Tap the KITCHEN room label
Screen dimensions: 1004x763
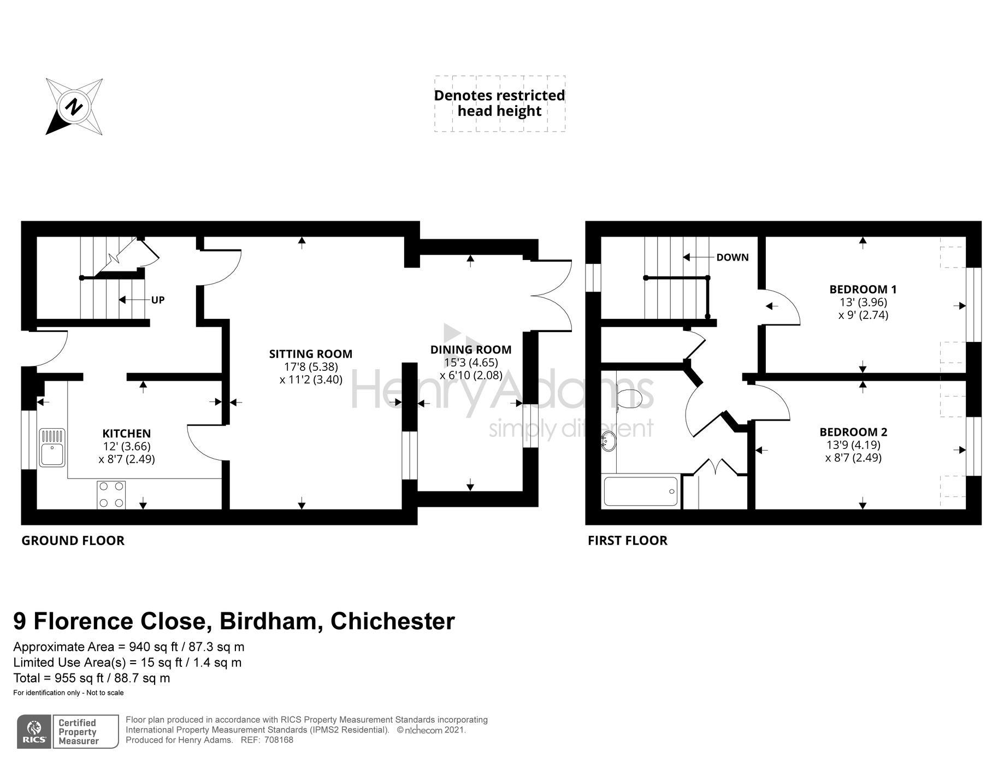click(x=126, y=433)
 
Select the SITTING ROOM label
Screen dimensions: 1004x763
click(x=310, y=354)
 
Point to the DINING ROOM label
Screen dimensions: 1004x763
click(x=471, y=350)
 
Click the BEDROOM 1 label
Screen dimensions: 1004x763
click(x=863, y=289)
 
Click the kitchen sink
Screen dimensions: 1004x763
click(x=52, y=448)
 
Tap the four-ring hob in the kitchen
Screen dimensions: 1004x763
click(x=111, y=494)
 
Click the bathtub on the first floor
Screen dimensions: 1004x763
click(x=640, y=491)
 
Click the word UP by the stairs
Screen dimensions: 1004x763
click(x=158, y=300)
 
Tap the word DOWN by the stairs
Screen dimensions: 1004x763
click(x=732, y=257)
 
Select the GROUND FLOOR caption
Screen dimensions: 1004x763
click(x=73, y=541)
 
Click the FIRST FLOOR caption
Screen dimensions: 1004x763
click(x=627, y=541)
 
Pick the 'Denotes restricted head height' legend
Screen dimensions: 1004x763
click(x=499, y=103)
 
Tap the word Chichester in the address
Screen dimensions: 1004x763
click(x=392, y=622)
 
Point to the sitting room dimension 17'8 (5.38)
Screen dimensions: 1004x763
click(x=311, y=366)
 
